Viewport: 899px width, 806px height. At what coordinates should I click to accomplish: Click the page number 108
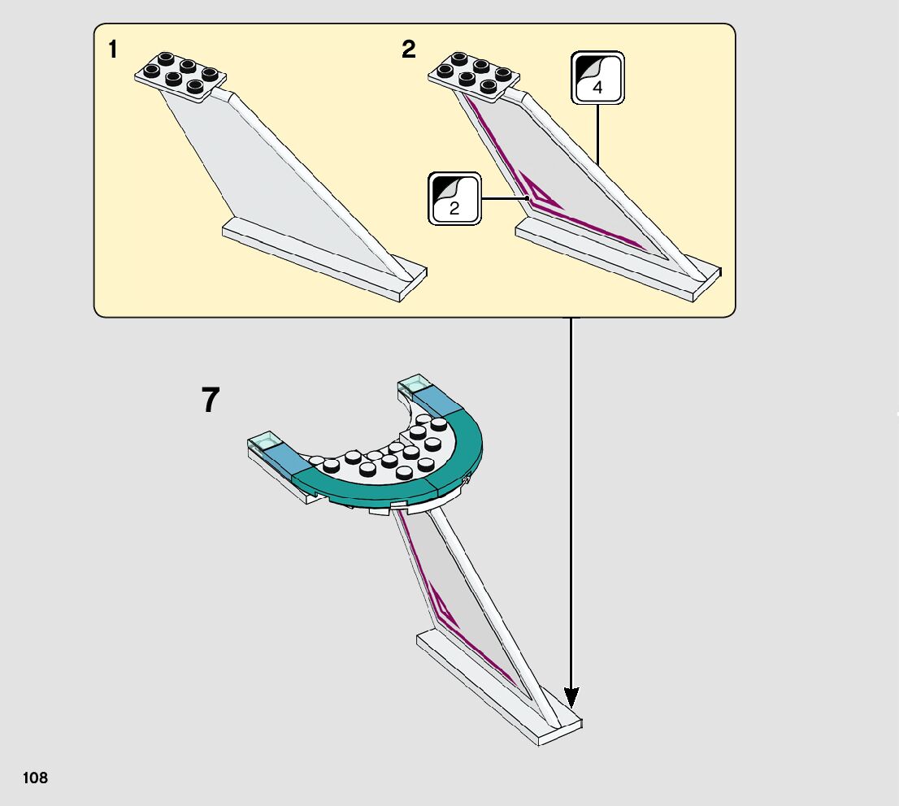click(36, 778)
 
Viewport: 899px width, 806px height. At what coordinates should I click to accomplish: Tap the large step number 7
click(211, 401)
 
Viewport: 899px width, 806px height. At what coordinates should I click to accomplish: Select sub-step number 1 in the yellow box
click(113, 50)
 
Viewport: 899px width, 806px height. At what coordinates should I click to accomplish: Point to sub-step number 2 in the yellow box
click(408, 50)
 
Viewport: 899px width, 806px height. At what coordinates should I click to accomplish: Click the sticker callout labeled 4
click(597, 78)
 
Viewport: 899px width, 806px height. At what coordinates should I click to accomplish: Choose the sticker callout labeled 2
click(454, 198)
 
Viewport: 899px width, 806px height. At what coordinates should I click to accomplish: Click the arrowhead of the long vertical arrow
click(571, 696)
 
